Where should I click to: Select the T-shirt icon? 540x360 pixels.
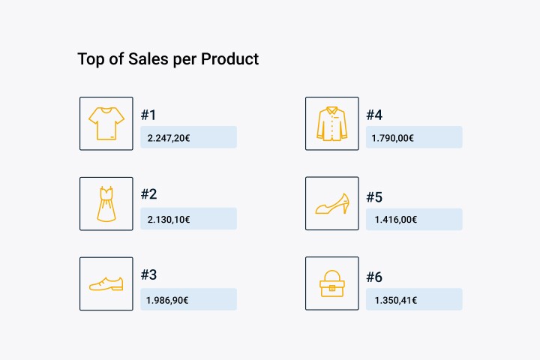pos(106,123)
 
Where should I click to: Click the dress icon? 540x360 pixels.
pos(106,203)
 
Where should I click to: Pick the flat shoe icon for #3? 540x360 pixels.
pos(106,283)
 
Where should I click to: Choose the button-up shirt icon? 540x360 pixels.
pos(331,123)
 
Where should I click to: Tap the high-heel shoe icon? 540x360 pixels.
pos(331,203)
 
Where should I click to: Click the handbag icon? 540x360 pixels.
pos(331,283)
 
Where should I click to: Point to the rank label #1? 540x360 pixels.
pos(148,115)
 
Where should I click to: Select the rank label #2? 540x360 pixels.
pos(148,194)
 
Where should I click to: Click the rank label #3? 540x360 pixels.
pos(148,275)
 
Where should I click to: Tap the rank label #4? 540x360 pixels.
pos(374,115)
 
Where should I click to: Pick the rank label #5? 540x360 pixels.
pos(374,197)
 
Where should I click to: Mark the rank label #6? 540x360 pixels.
pos(374,277)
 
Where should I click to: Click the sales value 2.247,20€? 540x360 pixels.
pos(169,138)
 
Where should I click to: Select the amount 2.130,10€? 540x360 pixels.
pos(169,219)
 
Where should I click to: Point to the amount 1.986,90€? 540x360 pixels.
pos(168,300)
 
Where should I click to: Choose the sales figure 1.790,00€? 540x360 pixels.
pos(393,138)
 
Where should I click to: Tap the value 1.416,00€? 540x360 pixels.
pos(396,219)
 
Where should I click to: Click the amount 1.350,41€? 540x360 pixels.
pos(396,300)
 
